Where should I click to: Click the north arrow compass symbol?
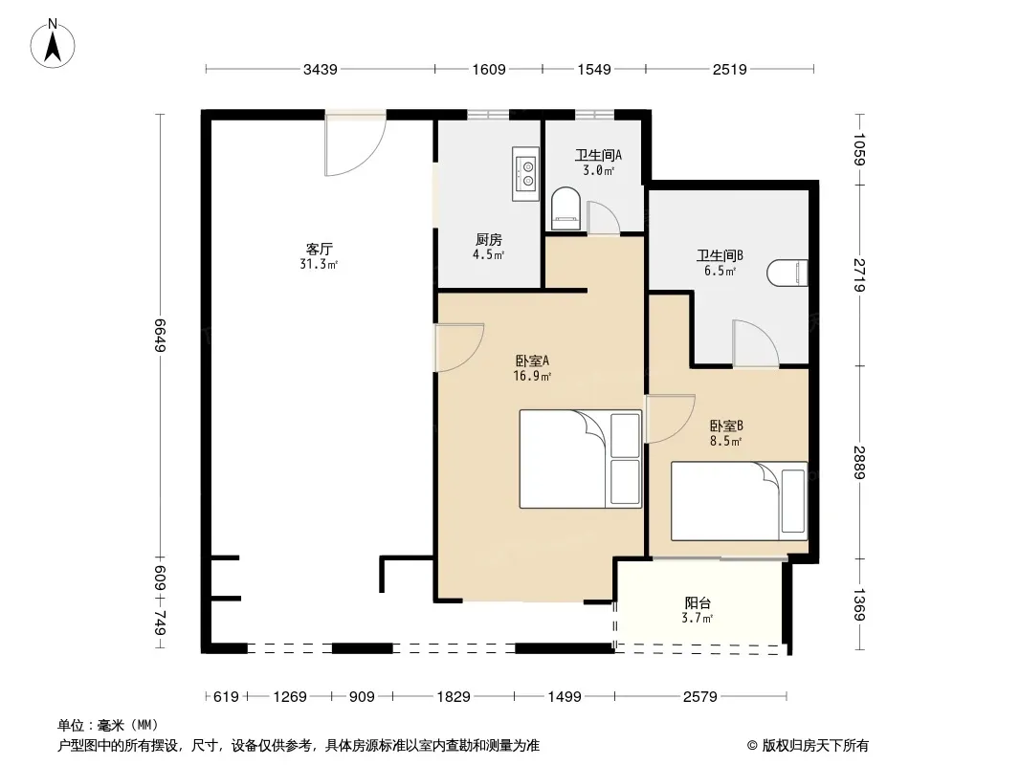(53, 44)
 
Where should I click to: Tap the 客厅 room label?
(320, 249)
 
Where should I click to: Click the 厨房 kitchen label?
(489, 240)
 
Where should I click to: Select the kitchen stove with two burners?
(525, 173)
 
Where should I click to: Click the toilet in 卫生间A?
(565, 208)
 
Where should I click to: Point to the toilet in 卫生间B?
(787, 273)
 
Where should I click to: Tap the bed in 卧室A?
(580, 459)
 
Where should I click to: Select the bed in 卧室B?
(739, 501)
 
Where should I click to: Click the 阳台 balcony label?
(698, 603)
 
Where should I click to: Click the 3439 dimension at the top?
(320, 70)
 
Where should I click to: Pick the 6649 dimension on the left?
(161, 336)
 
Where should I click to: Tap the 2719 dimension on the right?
(859, 275)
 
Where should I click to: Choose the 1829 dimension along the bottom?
(454, 697)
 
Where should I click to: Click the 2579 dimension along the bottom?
(700, 697)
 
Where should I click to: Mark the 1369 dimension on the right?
(859, 605)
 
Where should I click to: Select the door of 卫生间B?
(755, 343)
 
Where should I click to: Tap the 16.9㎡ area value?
(532, 377)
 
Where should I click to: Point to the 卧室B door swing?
(670, 419)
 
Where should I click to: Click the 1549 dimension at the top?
(594, 70)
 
